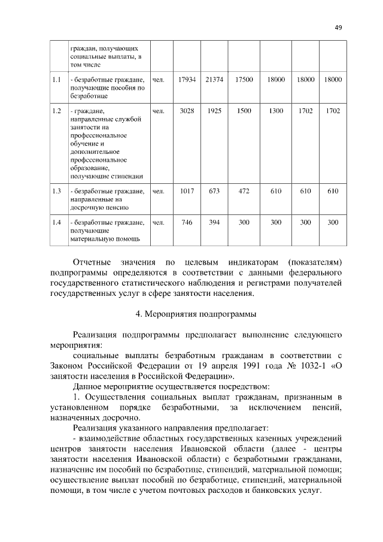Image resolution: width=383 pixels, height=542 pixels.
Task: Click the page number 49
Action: [338, 27]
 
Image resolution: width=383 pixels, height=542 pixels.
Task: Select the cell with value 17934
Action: [187, 80]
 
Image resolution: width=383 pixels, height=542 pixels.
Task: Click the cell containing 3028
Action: [187, 111]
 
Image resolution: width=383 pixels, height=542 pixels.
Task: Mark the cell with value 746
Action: [187, 222]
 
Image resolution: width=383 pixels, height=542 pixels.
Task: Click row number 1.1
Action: [57, 80]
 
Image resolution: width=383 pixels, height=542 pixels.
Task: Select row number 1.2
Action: [57, 111]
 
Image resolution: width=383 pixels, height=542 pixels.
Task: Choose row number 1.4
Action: [57, 222]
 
